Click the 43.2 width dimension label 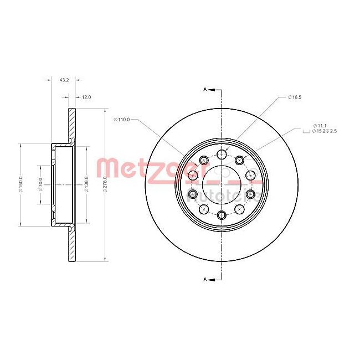[64, 80]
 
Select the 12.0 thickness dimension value [86, 97]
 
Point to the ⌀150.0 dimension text [20, 183]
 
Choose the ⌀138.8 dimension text [86, 183]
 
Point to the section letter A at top [205, 89]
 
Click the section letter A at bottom [205, 279]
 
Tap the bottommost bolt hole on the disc [222, 214]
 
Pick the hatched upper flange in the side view [71, 125]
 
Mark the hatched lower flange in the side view [71, 244]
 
